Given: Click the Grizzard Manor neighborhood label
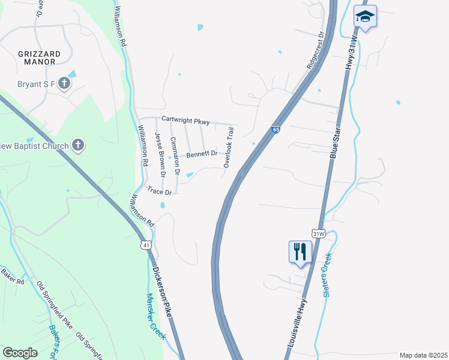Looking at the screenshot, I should pos(37,57).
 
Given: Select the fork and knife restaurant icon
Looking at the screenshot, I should pos(300,251).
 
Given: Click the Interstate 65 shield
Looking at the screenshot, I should pos(275,130).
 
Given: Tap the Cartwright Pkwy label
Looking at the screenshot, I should pos(185,121).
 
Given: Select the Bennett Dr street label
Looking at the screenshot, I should pos(201,154).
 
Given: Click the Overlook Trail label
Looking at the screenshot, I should pos(228,146).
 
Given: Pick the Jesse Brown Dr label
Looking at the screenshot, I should pos(159,154).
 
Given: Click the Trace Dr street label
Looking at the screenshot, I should pos(160,193).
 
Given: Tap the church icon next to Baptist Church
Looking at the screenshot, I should pos(77,145).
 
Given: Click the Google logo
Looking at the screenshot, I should pos(20,353).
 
